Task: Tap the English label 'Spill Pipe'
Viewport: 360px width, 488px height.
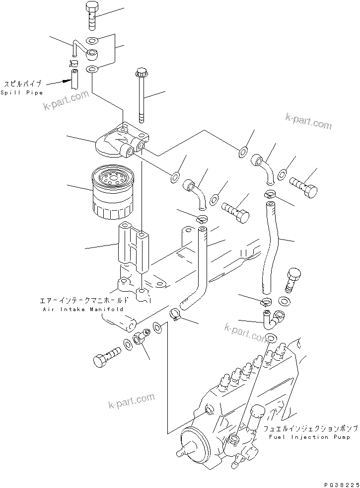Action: (x=22, y=93)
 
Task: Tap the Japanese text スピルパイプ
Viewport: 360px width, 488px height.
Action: (x=23, y=84)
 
